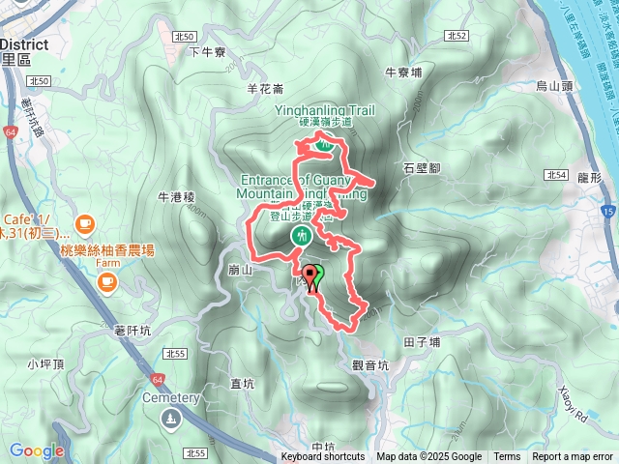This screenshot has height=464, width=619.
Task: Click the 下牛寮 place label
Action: click(x=207, y=52)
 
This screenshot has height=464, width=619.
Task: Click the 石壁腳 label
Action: click(x=422, y=167)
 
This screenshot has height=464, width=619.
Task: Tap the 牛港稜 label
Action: click(x=177, y=197)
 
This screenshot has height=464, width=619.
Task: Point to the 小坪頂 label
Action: click(x=45, y=364)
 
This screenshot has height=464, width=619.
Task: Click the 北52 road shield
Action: click(x=457, y=36)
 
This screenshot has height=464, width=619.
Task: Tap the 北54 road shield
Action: click(x=554, y=175)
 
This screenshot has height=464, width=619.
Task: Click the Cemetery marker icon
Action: click(x=171, y=418)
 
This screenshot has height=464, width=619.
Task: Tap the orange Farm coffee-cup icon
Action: click(x=105, y=282)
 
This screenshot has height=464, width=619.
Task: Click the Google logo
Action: click(x=36, y=450)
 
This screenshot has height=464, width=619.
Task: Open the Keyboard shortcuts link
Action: click(x=323, y=457)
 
